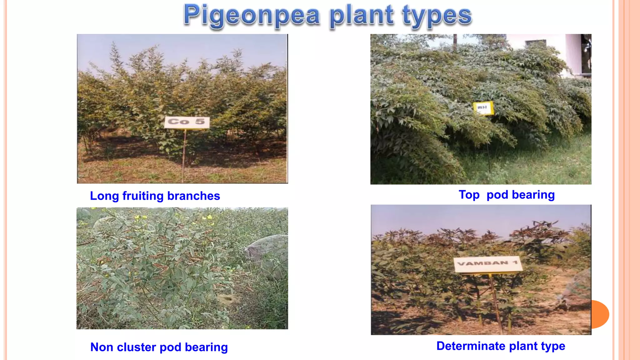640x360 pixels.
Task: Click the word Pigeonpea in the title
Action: [252, 16]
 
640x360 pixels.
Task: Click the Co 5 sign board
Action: [187, 122]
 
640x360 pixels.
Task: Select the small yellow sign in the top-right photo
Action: [483, 108]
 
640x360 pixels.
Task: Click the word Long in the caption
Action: [104, 196]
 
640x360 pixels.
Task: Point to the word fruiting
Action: [143, 196]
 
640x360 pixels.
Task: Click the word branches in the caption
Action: [194, 196]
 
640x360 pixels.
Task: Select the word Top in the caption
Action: [469, 195]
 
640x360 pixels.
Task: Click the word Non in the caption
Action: [102, 347]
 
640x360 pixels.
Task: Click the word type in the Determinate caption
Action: [553, 346]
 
